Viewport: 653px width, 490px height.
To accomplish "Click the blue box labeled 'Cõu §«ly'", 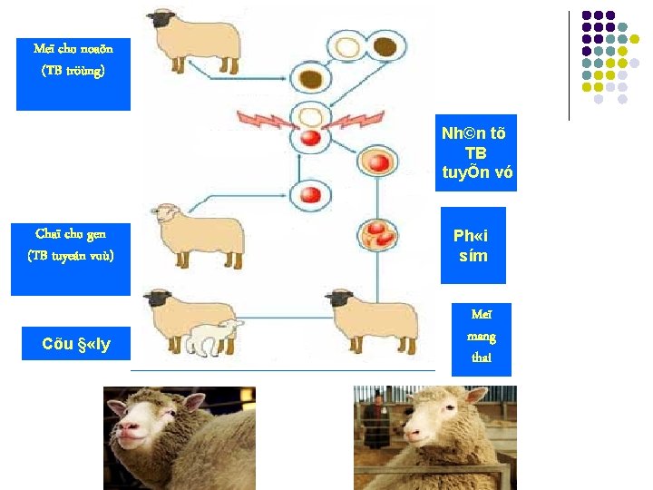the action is coord(75,345).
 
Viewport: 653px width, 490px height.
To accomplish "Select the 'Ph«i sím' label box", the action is coord(472,245).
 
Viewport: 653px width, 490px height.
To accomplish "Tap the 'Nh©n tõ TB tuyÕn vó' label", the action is coord(474,152).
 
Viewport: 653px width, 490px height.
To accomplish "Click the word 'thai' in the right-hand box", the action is coord(481,357).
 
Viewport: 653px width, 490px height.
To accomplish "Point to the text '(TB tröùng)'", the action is coord(73,70).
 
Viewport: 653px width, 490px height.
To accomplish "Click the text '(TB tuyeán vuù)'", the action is coord(71,255).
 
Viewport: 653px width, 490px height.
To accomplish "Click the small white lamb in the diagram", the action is coord(216,337).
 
